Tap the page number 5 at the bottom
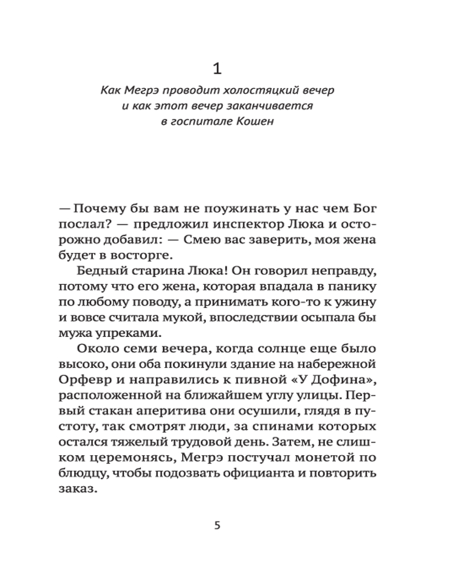(217, 526)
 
